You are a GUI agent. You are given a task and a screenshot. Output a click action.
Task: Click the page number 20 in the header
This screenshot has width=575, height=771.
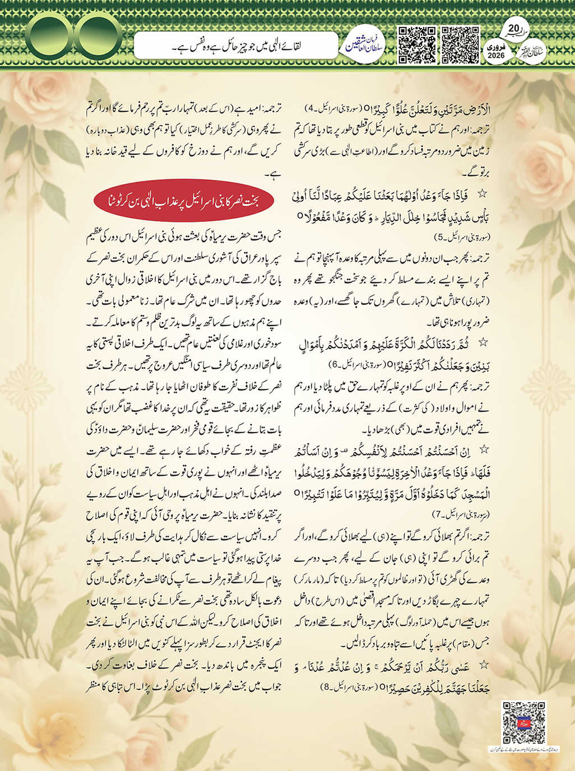[x=514, y=29]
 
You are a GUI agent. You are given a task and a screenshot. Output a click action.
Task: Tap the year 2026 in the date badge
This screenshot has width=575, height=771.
[x=497, y=55]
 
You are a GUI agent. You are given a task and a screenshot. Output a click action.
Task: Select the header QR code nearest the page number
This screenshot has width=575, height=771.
[x=461, y=45]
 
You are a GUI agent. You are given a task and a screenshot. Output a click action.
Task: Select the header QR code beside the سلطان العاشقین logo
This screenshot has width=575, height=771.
[x=416, y=45]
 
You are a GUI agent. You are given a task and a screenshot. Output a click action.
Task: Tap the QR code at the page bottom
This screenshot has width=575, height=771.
[x=523, y=723]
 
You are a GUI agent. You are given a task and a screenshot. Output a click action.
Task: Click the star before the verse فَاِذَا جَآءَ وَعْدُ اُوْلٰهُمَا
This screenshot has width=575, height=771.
[x=481, y=194]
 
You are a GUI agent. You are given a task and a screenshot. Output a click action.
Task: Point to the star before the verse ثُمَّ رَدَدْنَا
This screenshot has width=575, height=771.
[x=481, y=342]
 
